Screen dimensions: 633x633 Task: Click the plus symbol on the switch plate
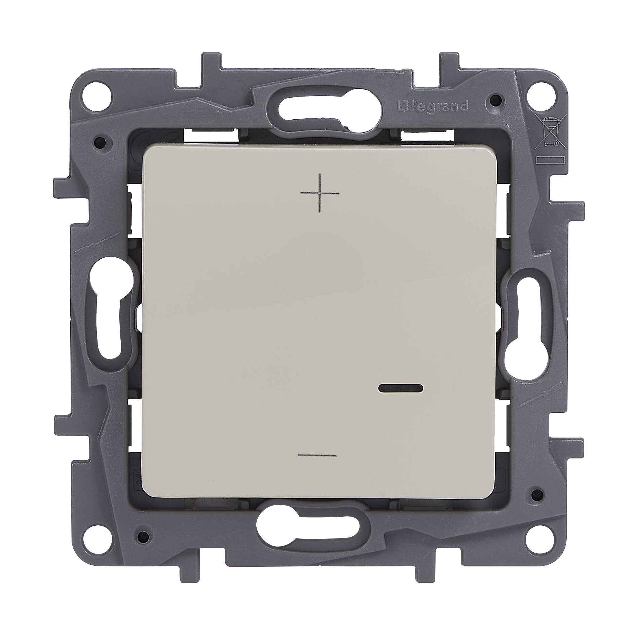(320, 193)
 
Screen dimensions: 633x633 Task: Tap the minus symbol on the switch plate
(318, 455)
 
